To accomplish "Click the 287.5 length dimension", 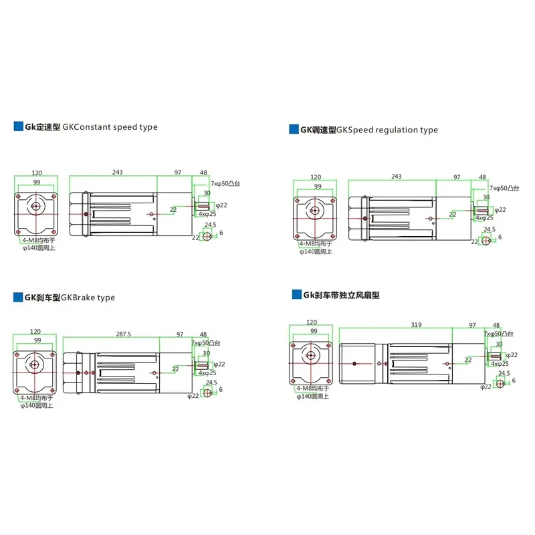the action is click(x=124, y=334).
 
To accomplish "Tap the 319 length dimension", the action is click(x=416, y=325).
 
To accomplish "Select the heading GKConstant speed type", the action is click(x=110, y=127).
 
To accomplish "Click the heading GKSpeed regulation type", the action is click(x=387, y=130).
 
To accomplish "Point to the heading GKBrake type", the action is click(x=88, y=298).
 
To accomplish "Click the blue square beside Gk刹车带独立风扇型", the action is click(x=296, y=294).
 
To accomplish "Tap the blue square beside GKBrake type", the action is click(x=18, y=297).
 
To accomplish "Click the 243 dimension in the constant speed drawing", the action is click(x=118, y=173).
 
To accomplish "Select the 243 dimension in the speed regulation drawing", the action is click(x=397, y=177).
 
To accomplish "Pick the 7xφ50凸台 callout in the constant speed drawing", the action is click(x=225, y=183).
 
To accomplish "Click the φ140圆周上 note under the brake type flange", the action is click(x=37, y=406).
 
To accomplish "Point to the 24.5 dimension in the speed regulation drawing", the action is click(x=490, y=229).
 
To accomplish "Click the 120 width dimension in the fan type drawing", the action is click(x=312, y=322).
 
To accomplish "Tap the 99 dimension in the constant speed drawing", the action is click(x=37, y=182).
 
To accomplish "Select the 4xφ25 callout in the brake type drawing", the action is click(x=207, y=373).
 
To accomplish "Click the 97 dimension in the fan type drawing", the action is click(x=472, y=325).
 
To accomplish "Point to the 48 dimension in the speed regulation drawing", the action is click(x=482, y=177).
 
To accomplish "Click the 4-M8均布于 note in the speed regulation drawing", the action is click(x=316, y=243).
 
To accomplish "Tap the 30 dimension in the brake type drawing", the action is click(x=207, y=353).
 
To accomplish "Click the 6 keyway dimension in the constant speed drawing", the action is click(x=221, y=233).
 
